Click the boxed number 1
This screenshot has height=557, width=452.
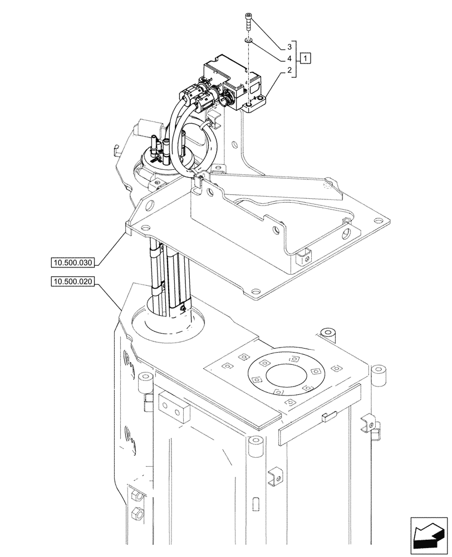pos(307,58)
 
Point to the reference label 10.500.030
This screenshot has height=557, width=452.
pos(73,261)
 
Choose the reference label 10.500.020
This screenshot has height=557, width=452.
pos(73,282)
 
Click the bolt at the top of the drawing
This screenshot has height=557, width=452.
pos(247,23)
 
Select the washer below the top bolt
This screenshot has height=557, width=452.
pos(248,40)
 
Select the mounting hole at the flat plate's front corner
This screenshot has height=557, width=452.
pos(255,290)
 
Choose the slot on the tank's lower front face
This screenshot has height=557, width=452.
pos(254,504)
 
